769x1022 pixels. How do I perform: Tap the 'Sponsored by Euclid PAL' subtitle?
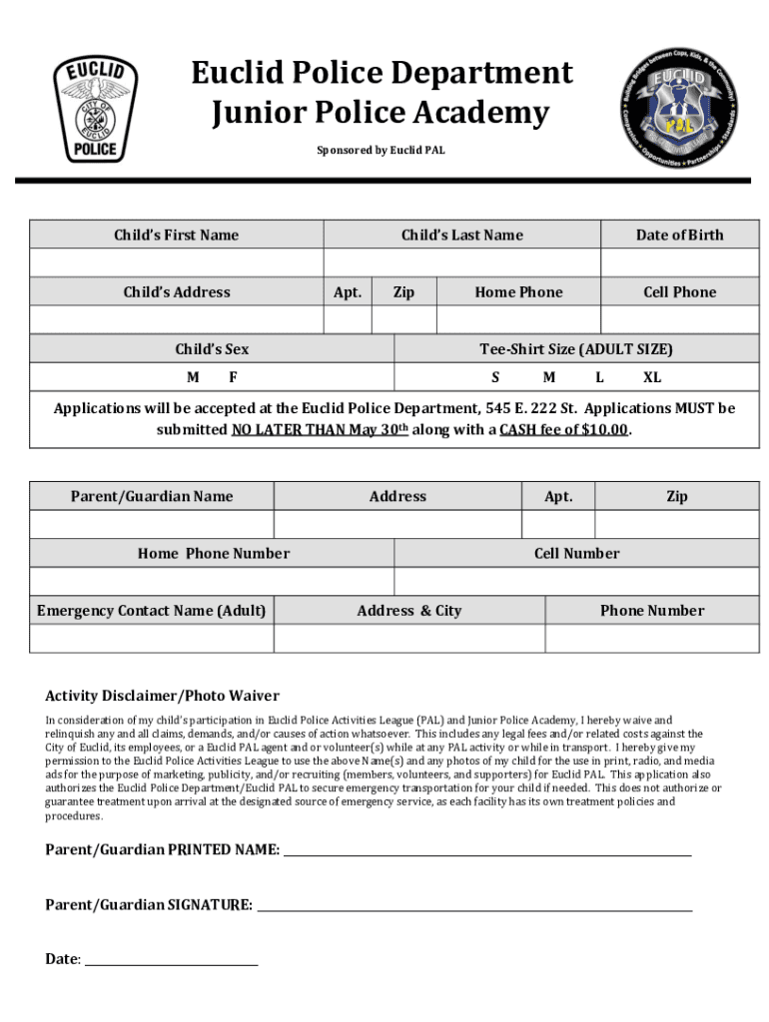click(381, 151)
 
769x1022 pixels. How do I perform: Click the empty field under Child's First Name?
click(176, 262)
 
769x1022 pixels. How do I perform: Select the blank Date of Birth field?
click(679, 262)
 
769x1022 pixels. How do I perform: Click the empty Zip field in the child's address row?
click(403, 319)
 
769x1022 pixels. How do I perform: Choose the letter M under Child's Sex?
click(193, 378)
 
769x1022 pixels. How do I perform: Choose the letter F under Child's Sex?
click(233, 378)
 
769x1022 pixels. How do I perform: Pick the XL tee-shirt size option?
click(651, 378)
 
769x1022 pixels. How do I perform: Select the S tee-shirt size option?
click(495, 378)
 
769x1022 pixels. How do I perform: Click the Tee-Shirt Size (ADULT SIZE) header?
click(576, 349)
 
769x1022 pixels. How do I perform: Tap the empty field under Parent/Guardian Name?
click(152, 525)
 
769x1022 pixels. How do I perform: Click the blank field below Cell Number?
click(576, 582)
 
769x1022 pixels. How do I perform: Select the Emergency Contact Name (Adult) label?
click(152, 611)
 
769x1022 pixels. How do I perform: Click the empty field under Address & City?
click(409, 639)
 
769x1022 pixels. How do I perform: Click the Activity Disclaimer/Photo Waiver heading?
click(163, 696)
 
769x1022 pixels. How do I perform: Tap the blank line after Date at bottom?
click(171, 959)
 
